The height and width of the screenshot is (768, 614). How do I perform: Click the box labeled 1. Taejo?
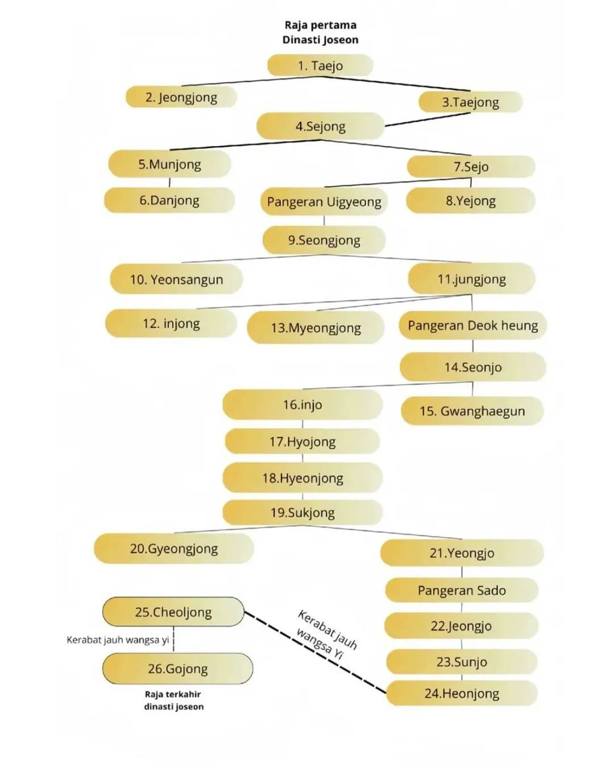point(320,65)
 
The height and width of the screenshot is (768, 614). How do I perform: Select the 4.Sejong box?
point(320,126)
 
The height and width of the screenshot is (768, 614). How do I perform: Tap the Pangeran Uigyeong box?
point(324,202)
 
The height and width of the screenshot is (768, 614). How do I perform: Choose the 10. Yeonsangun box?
point(176,279)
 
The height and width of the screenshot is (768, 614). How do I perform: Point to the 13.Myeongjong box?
point(316,328)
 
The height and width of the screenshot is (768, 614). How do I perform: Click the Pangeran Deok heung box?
point(472,325)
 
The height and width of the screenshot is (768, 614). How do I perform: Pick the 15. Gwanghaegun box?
point(472,411)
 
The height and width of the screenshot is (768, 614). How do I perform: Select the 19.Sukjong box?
point(302,513)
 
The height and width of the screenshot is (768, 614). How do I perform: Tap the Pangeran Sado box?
point(462,591)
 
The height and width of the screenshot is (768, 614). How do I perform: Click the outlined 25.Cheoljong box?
point(173,612)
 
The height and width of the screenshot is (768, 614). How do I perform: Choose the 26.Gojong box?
point(177,668)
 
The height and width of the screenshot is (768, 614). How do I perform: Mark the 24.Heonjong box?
point(462,693)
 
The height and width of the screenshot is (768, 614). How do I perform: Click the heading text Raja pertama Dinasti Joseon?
point(320,32)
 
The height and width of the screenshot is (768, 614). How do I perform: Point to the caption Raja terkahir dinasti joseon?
point(173,700)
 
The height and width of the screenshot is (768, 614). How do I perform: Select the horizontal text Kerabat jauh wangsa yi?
point(118,640)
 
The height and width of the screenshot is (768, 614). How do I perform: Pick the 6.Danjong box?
point(169,200)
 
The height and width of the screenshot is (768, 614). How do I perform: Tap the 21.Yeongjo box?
point(462,553)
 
